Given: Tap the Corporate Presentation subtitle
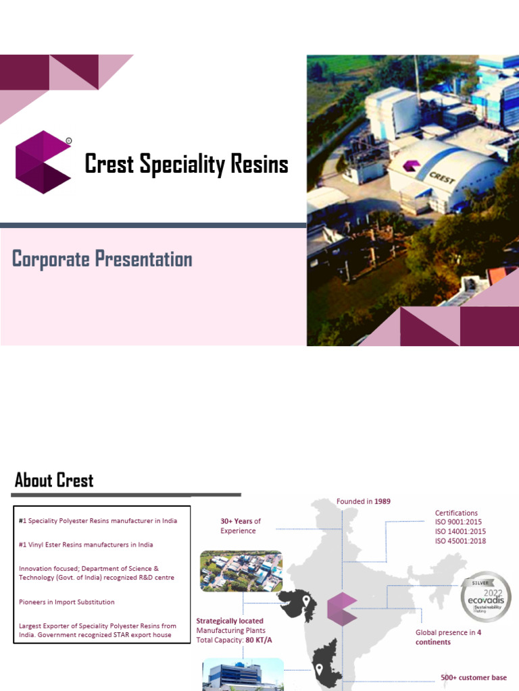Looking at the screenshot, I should coord(103,259).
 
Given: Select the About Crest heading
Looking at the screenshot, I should coord(54,480).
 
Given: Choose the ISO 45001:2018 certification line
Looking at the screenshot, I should coord(460,541).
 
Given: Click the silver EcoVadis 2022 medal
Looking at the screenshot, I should coord(485,597).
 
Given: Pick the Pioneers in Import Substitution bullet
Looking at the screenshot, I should coord(67,602).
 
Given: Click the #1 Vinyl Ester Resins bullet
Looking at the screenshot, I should coord(86,545).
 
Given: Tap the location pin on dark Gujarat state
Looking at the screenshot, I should coord(306,601).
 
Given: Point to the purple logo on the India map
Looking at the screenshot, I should coord(342,608).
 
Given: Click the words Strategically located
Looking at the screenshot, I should coord(230,621).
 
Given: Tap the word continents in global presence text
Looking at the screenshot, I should coord(433,642).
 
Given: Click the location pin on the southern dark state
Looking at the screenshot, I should coord(318,670).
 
